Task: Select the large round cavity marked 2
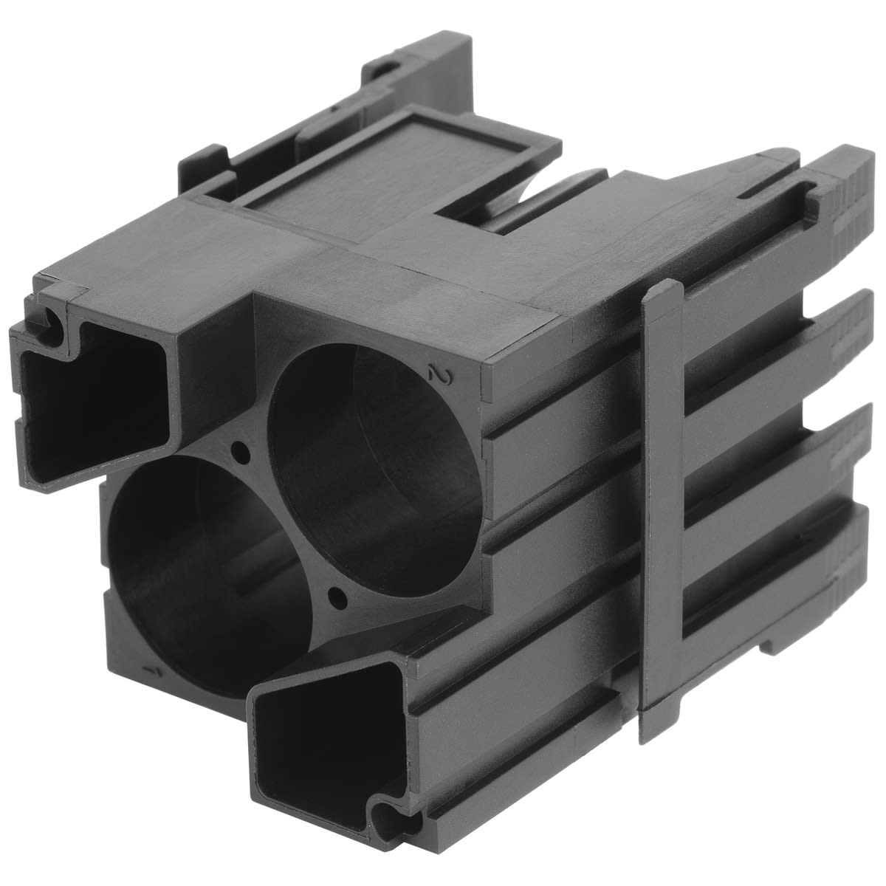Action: click(x=373, y=450)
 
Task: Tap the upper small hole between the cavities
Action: click(x=238, y=448)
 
